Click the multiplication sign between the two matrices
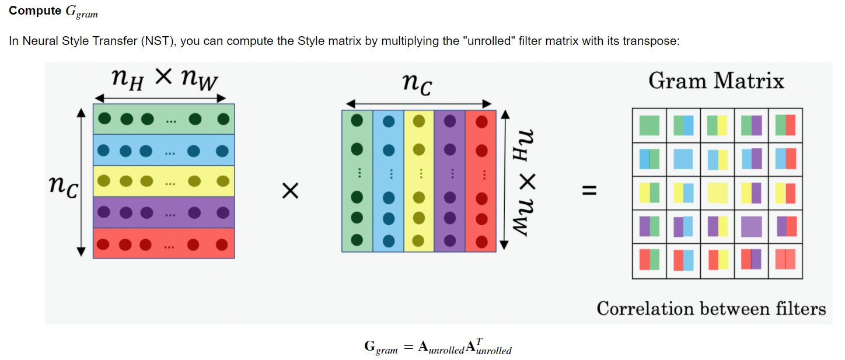(290, 191)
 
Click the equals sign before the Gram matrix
(590, 191)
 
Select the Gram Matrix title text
(716, 81)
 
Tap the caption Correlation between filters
(711, 309)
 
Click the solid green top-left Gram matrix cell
(649, 125)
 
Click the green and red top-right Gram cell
(785, 125)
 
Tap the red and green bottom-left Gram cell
(649, 260)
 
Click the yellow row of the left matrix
(163, 181)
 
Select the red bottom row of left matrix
(163, 243)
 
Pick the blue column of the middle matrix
(388, 181)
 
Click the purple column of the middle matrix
(449, 181)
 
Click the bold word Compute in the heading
(34, 11)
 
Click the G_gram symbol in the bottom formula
(380, 347)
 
